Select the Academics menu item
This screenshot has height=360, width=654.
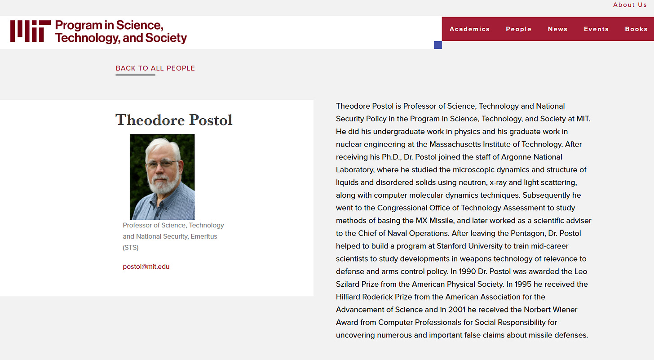(469, 29)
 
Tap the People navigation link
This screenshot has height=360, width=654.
(518, 29)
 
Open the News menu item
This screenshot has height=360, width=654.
(557, 29)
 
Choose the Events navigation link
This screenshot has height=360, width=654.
(596, 29)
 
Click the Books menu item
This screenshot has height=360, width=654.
(636, 29)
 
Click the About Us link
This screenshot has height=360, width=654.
(630, 5)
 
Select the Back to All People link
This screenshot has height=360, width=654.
(155, 68)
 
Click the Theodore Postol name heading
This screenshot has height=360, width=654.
(174, 120)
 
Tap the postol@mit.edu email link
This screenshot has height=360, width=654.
(146, 267)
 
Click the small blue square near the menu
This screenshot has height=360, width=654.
(438, 45)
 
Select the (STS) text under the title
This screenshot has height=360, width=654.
(131, 248)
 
